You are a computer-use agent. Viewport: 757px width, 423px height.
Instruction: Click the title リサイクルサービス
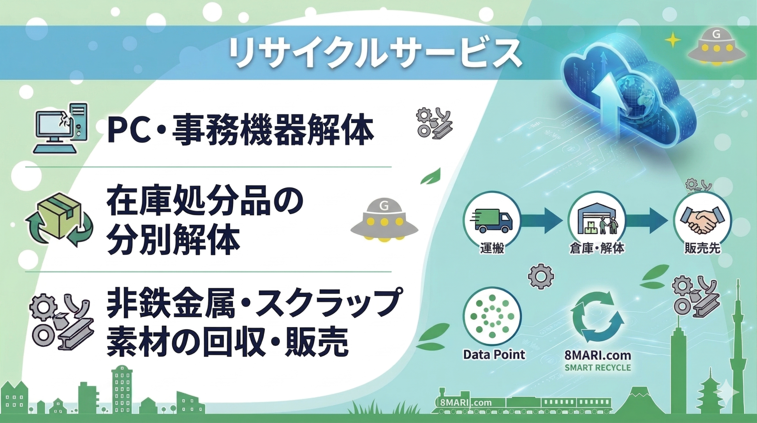(375, 53)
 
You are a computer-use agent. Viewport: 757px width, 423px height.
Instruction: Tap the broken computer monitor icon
(60, 128)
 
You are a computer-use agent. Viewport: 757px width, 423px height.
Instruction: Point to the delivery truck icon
(492, 220)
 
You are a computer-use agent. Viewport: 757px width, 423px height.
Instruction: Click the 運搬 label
(492, 248)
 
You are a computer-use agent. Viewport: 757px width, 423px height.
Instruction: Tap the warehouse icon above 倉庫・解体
(597, 220)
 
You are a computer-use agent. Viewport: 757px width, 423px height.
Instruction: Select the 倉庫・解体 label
(597, 248)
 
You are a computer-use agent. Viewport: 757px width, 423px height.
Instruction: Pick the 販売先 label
(702, 248)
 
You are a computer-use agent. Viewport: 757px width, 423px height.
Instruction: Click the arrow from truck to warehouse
(541, 220)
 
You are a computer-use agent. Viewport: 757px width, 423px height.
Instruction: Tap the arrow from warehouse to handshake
(646, 220)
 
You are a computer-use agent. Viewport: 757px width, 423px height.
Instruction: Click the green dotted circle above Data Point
(492, 316)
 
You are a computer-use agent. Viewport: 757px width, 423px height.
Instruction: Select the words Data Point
(494, 354)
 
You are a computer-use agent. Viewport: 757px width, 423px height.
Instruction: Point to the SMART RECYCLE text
(598, 368)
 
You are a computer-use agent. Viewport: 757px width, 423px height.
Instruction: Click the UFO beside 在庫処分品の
(384, 220)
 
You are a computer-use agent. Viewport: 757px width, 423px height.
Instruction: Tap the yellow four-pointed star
(672, 40)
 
